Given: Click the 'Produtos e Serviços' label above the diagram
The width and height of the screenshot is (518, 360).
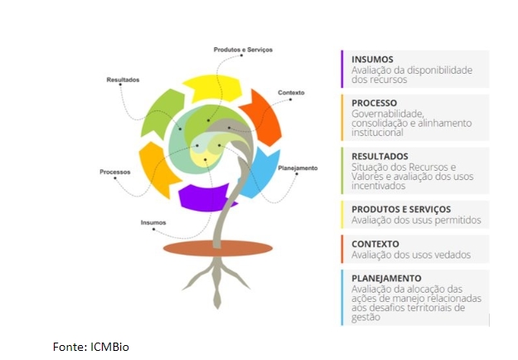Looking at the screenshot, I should (243, 50).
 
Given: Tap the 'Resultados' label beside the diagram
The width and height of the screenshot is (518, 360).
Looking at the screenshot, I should (123, 80).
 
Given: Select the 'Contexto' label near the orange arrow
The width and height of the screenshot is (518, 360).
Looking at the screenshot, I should (291, 92).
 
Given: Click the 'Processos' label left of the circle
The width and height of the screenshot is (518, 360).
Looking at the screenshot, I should (115, 172).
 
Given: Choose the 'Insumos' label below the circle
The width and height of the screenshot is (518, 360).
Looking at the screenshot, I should (153, 222).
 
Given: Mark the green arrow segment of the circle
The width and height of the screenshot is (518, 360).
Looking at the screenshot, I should (161, 112).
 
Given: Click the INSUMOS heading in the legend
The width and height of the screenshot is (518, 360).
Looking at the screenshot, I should (372, 60).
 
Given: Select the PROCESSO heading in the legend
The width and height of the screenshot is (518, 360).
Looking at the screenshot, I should (375, 103).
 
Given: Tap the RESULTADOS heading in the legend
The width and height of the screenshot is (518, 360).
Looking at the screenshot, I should (380, 156).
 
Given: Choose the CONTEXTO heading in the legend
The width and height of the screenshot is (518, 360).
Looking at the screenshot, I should (375, 244).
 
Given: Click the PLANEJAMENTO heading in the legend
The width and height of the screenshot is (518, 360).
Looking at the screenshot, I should (386, 278).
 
